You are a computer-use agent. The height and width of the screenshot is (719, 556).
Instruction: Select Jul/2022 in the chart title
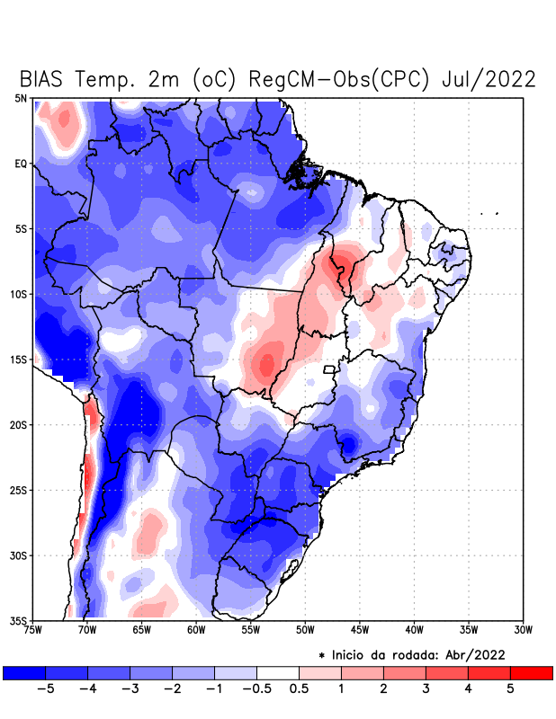(x=489, y=79)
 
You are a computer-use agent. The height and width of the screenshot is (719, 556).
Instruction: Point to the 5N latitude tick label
(x=21, y=99)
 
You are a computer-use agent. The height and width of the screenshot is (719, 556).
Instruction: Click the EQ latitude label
(x=21, y=164)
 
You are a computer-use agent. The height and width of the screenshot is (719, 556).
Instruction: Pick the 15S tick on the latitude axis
(x=19, y=359)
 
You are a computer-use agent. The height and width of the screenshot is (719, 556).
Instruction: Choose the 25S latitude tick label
(x=19, y=490)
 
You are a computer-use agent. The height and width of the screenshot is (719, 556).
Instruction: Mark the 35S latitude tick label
(x=19, y=620)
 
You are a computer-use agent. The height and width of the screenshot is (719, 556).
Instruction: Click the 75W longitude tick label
(x=32, y=629)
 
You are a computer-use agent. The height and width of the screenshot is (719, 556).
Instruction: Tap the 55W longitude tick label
(x=251, y=629)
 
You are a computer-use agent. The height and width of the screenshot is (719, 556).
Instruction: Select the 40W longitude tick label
(x=415, y=629)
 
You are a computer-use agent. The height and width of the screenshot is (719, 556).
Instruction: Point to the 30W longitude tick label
(x=524, y=629)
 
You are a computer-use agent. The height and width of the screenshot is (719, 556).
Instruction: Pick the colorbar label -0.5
(x=256, y=689)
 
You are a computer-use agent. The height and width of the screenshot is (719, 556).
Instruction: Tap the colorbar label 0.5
(x=300, y=689)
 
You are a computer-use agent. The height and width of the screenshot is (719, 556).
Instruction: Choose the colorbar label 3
(x=426, y=689)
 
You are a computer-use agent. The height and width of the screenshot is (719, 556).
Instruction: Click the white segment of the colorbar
(x=278, y=672)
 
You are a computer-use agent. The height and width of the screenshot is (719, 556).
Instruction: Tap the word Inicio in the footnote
(x=352, y=654)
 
